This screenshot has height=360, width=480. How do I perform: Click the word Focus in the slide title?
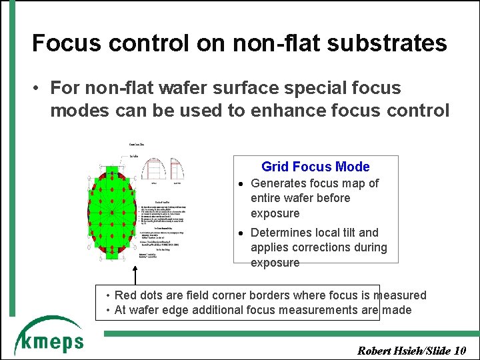pos(65,43)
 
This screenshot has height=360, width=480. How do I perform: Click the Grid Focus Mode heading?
pos(315,167)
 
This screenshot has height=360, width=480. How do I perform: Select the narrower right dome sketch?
pos(175,171)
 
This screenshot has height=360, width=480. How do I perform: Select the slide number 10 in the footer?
pos(459,351)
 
